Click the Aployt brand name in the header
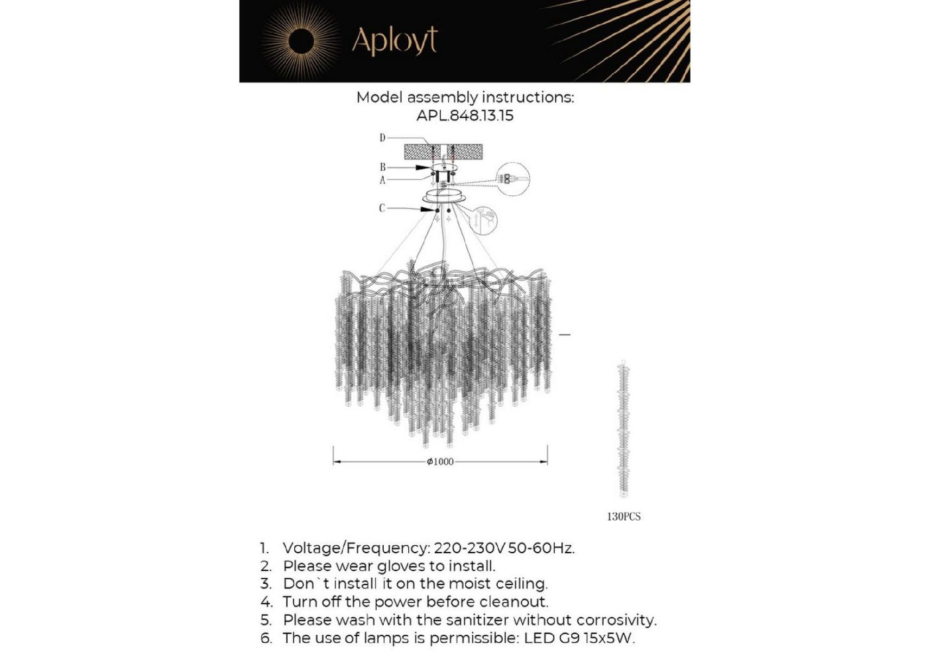(395, 41)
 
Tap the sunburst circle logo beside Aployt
(301, 42)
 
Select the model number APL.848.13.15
(465, 116)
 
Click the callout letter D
(382, 138)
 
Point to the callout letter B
(382, 167)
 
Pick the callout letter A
(382, 180)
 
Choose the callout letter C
(382, 208)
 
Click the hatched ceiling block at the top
(443, 151)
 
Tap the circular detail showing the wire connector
(512, 178)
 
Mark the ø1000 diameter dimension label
(440, 462)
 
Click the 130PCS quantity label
(624, 517)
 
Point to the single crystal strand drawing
(624, 429)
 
